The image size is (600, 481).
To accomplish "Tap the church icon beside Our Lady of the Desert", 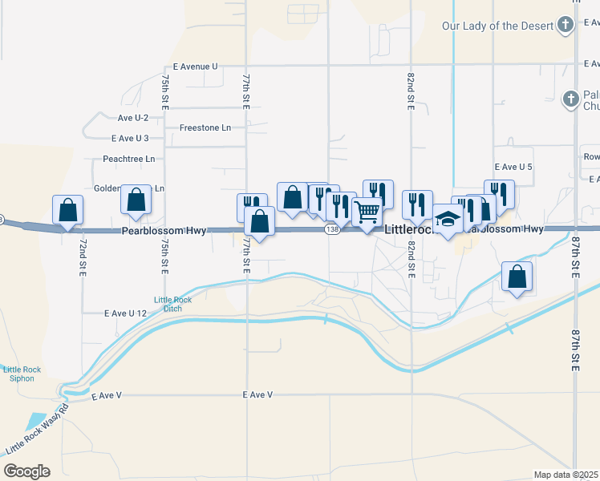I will click(x=566, y=24).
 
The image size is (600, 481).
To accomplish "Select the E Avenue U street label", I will click(x=194, y=67).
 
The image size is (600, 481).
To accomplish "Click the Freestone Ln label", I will click(x=205, y=127).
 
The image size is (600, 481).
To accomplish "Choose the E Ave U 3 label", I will click(x=130, y=138).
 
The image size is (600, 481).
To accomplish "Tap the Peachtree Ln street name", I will click(x=128, y=159).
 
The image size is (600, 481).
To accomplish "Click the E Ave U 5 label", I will click(x=513, y=167).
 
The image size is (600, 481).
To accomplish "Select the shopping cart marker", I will click(x=367, y=213).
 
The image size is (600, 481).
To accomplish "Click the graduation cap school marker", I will click(x=448, y=220).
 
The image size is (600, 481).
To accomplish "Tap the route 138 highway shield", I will click(x=331, y=230).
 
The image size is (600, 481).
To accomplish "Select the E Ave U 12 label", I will click(x=126, y=313).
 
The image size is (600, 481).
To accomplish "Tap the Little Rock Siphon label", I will click(x=19, y=374).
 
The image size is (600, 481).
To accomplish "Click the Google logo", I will click(x=26, y=471).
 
